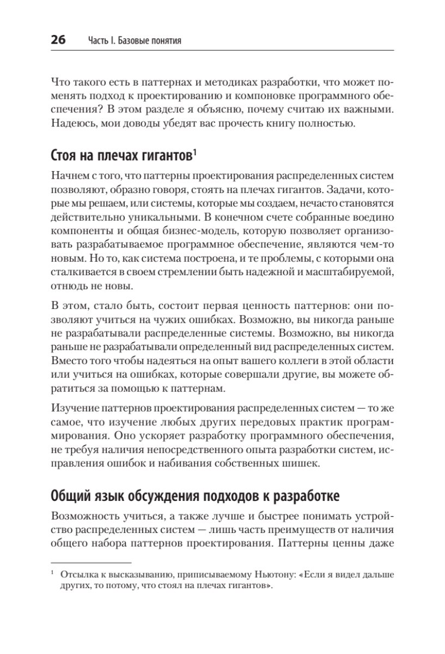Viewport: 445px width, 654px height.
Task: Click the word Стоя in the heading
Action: click(63, 157)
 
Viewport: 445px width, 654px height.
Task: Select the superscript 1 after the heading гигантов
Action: click(194, 153)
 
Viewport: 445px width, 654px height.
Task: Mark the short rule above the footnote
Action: click(91, 562)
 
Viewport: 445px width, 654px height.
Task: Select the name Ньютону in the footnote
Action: click(273, 575)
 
